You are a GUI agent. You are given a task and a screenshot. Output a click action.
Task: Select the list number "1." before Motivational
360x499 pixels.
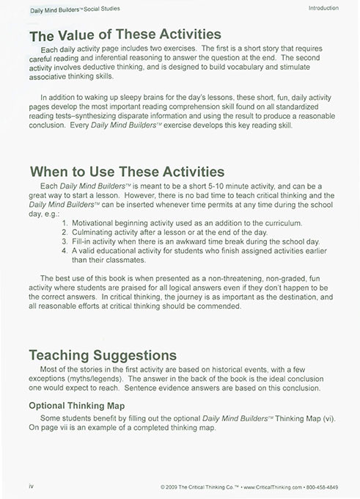click(x=66, y=222)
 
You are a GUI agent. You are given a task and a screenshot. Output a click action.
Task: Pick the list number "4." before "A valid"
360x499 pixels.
click(x=66, y=252)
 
